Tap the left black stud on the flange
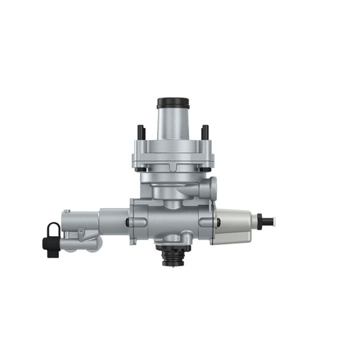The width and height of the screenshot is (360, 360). point(139,132)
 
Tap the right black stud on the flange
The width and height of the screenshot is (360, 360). point(205,132)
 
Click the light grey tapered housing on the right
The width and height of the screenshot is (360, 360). point(232,226)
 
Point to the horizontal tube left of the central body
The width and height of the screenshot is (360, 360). point(113,220)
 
